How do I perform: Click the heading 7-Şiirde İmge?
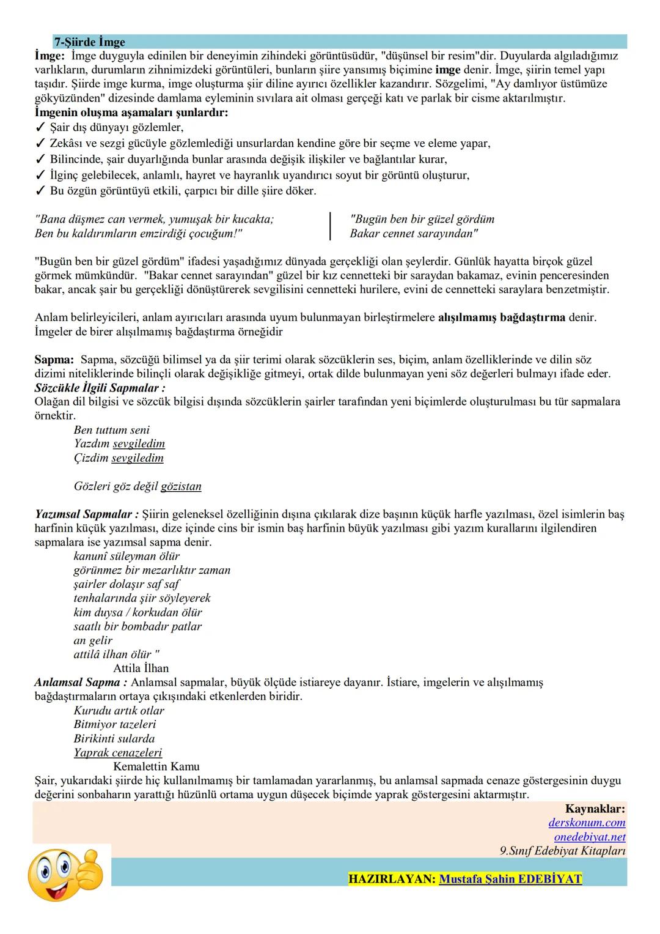point(89,42)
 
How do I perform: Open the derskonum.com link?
point(586,823)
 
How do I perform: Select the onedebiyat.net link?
point(589,837)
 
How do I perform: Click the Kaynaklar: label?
point(595,809)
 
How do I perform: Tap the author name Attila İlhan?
point(141,668)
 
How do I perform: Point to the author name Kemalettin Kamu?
point(156,766)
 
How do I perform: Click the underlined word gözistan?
point(181,486)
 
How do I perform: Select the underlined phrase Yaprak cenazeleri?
point(117,752)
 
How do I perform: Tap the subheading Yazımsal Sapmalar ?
point(86,514)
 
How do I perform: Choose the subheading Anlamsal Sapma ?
point(81,682)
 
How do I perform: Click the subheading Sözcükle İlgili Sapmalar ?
point(100,388)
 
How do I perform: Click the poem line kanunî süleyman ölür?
point(127,556)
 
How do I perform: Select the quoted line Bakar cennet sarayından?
point(414,233)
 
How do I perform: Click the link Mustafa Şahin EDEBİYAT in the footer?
point(510,879)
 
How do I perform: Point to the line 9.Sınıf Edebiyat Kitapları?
point(562,851)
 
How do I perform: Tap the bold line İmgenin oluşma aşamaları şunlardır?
point(131,113)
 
